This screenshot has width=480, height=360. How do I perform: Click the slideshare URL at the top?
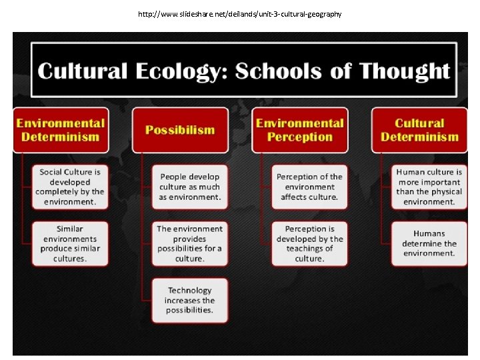[240, 13]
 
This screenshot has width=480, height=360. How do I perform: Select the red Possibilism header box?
[180, 130]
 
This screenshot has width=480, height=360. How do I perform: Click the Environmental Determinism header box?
[61, 130]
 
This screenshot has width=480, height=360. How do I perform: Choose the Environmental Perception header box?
[300, 130]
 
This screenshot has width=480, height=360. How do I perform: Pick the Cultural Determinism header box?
[419, 130]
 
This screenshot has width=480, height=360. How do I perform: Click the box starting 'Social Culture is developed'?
[70, 187]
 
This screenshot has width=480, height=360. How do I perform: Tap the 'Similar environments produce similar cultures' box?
[70, 243]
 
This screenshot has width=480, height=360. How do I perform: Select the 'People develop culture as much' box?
[189, 187]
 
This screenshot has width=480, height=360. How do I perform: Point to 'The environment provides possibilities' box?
[189, 243]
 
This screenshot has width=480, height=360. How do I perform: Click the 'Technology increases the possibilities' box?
[189, 300]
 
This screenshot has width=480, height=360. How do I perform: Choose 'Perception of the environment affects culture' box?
[309, 187]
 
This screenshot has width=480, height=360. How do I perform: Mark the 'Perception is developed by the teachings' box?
[309, 243]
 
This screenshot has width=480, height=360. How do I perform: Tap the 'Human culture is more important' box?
[429, 187]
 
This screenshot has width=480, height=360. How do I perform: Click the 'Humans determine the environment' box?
[429, 243]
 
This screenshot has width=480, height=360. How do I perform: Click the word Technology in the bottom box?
[189, 290]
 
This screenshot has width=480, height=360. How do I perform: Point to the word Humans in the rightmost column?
[429, 234]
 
